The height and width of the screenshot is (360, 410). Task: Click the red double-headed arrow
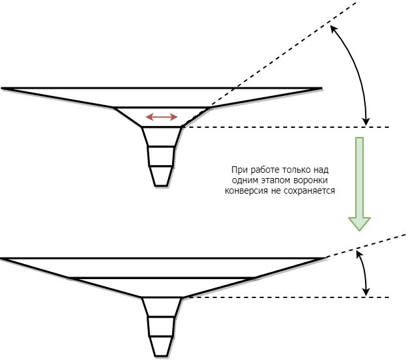tap(161, 117)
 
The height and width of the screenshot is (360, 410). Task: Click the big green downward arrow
tap(359, 183)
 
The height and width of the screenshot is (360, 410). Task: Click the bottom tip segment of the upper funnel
tap(162, 175)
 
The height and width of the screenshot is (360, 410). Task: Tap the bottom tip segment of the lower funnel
tap(162, 346)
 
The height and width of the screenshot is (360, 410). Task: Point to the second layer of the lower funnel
tap(162, 287)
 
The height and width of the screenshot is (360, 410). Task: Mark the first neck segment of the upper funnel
tap(162, 136)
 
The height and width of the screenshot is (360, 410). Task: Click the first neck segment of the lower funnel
tap(162, 307)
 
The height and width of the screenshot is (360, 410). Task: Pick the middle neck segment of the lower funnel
tap(162, 326)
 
